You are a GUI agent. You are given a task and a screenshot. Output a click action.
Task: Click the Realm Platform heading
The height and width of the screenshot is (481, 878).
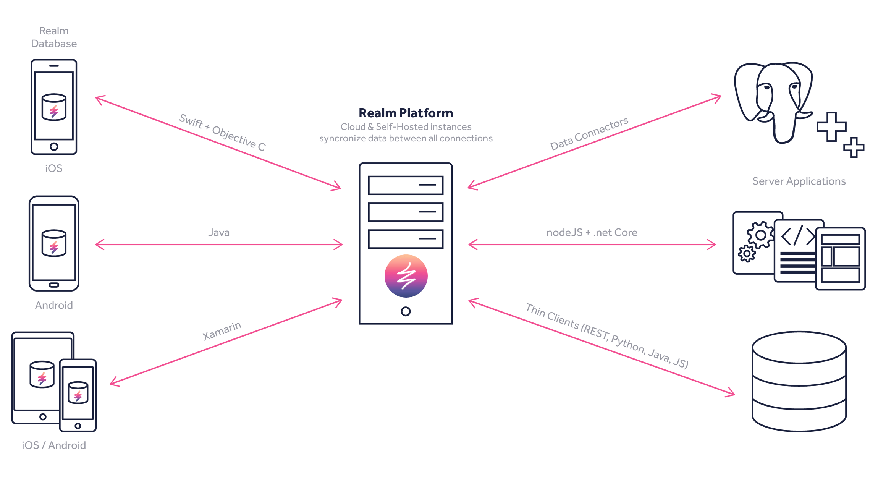(406, 113)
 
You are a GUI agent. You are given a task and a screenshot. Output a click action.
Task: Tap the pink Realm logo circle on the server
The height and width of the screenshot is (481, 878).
(406, 276)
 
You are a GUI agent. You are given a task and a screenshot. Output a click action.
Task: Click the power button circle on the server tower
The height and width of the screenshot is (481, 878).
(406, 311)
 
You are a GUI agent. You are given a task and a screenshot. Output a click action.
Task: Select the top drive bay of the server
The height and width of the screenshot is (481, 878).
(406, 185)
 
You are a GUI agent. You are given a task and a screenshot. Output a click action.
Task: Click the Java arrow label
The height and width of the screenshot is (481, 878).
(219, 232)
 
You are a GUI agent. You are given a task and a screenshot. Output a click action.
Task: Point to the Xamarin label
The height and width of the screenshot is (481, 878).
(222, 330)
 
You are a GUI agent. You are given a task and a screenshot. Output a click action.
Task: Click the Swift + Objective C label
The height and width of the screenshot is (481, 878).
(222, 133)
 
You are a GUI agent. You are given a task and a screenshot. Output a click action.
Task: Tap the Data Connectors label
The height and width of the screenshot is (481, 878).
(589, 134)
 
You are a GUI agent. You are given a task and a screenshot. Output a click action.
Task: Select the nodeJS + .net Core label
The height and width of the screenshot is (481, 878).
(592, 232)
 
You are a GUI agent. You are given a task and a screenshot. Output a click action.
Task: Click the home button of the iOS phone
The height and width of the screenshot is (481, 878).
(54, 146)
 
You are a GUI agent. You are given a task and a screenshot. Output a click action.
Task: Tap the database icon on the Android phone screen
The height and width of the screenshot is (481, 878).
(54, 243)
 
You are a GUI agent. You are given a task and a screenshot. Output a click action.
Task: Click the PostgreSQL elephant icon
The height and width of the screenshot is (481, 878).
(773, 101)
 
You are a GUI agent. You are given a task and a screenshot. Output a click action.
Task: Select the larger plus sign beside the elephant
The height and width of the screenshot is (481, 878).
(831, 127)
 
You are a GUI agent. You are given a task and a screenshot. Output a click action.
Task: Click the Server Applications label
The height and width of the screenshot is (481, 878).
(799, 181)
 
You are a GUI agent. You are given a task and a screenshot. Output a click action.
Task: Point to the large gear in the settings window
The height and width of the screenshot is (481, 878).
(760, 235)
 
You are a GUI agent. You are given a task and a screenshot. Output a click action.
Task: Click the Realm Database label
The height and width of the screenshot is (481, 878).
(54, 37)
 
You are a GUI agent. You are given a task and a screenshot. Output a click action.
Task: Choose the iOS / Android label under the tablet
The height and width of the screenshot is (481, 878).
(54, 445)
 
